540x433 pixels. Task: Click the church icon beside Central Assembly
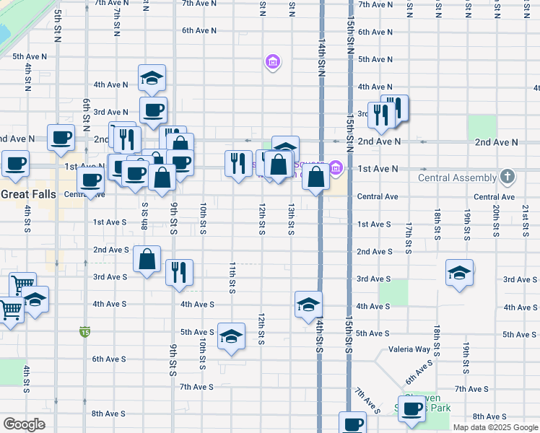[508, 177]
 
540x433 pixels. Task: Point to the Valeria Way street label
[409, 349]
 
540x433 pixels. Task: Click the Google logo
[24, 424]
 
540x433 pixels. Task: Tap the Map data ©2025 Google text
[495, 427]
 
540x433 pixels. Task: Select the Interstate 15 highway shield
[85, 332]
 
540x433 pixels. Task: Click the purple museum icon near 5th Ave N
[272, 62]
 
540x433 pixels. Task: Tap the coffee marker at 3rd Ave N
[152, 110]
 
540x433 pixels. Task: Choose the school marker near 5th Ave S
[231, 336]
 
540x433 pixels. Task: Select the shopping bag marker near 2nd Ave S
[147, 259]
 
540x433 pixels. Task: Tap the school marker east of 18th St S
[458, 273]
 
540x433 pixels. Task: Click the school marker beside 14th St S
[308, 305]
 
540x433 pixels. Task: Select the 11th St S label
[232, 278]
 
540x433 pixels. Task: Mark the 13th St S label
[290, 219]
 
